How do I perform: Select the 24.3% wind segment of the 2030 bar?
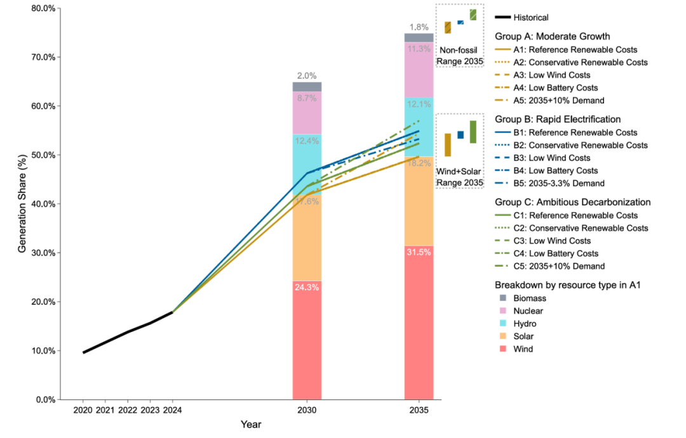307,340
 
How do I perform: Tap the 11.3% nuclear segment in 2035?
419,70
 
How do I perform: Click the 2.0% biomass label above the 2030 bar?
307,76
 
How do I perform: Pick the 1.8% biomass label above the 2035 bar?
419,27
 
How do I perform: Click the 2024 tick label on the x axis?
172,411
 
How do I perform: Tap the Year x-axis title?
250,425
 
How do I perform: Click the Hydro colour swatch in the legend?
502,324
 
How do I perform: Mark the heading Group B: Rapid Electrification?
558,119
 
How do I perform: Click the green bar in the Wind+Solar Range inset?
473,132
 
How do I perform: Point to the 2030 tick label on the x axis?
307,411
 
